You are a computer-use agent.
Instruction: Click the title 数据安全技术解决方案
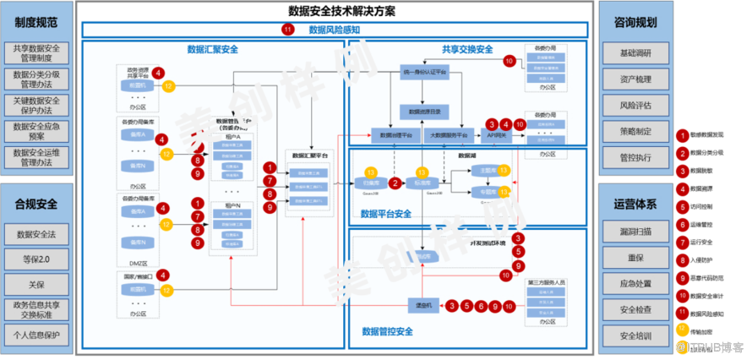[x=341, y=11]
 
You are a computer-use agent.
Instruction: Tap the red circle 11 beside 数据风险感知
[x=288, y=30]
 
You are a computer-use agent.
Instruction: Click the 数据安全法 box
[x=36, y=233]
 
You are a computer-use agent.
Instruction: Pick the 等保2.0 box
[x=36, y=259]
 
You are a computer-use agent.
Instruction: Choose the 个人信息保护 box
[x=36, y=334]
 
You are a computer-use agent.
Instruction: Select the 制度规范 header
[x=36, y=23]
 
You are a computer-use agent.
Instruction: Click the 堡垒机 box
[x=420, y=305]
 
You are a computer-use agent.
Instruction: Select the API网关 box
[x=494, y=134]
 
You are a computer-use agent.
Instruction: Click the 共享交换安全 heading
[x=466, y=49]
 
